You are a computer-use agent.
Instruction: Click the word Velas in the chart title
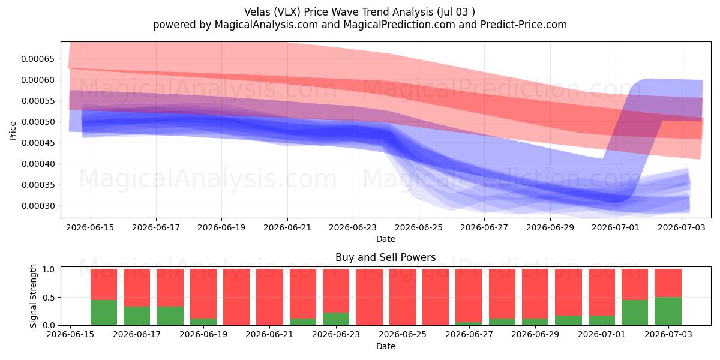click(x=257, y=12)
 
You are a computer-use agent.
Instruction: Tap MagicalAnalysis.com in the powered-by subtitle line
click(x=266, y=25)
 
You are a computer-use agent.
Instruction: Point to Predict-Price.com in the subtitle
click(x=524, y=25)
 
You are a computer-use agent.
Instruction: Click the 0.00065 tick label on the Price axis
click(x=38, y=59)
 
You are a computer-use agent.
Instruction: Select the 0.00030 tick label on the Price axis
click(x=38, y=206)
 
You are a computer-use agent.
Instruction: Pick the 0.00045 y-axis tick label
click(x=38, y=143)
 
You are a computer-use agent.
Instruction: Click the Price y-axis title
click(x=13, y=131)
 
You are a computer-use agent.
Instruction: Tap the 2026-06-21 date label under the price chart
click(x=287, y=228)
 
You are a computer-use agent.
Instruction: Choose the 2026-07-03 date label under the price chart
click(x=682, y=228)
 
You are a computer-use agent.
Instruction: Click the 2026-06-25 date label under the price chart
click(x=419, y=228)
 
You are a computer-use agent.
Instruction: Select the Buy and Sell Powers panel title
click(x=386, y=257)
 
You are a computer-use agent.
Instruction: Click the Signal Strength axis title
click(x=33, y=296)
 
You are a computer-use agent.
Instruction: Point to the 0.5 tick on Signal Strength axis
click(x=49, y=298)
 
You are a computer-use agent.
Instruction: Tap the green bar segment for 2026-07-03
click(x=668, y=311)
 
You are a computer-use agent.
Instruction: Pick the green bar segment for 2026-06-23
click(x=336, y=319)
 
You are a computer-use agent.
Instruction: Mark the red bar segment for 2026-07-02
click(x=635, y=284)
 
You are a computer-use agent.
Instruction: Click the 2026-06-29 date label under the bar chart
click(x=535, y=335)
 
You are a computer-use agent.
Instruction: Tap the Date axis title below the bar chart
click(x=386, y=347)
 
